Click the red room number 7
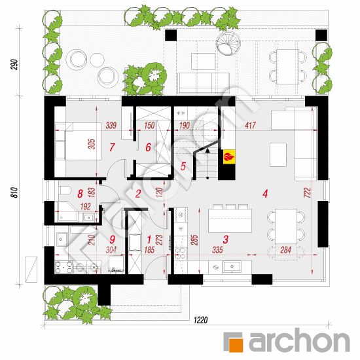point(112,147)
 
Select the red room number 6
point(149,147)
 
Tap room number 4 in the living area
point(265,194)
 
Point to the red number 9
point(112,239)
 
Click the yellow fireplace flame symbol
point(229,157)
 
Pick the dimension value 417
point(250,126)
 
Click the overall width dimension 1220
point(201,320)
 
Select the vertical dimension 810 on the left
point(14,192)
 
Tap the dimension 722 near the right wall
point(307,192)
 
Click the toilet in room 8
point(65,190)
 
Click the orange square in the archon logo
point(236,345)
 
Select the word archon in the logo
point(299,341)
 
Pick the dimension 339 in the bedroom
point(111,126)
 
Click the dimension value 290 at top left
point(14,65)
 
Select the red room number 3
point(226,239)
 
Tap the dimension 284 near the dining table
point(285,250)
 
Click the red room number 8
point(80,194)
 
